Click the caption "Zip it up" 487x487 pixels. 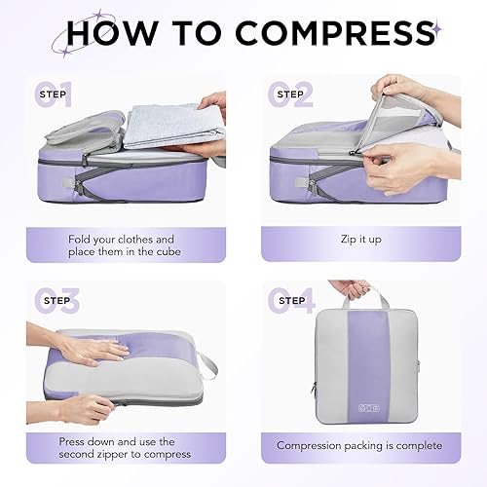coord(358,239)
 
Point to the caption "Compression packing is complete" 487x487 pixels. coord(357,445)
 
